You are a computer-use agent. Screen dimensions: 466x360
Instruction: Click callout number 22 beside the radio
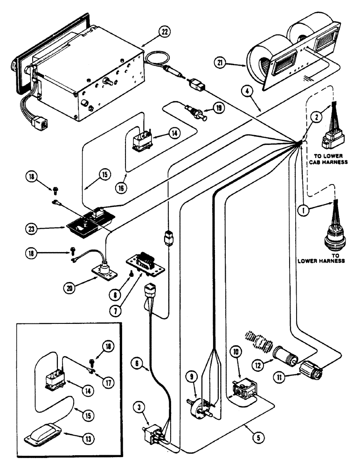pyautogui.click(x=163, y=32)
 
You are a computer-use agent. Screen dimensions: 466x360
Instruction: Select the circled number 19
pyautogui.click(x=218, y=107)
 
